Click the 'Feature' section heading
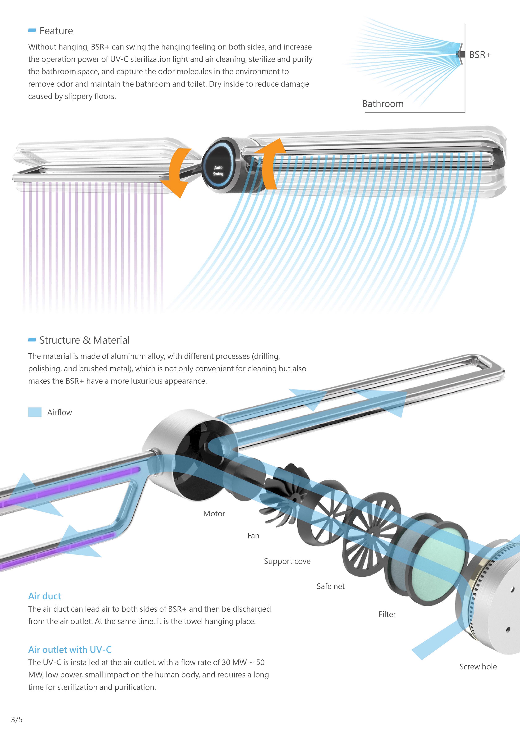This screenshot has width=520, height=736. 56,31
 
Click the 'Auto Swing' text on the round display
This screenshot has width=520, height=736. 218,171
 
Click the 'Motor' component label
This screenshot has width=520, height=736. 214,514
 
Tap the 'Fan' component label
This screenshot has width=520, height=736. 253,536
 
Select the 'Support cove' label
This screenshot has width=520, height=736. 287,561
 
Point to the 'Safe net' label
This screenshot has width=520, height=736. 330,586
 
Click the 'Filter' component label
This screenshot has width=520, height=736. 387,614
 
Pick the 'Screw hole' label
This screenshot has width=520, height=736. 478,667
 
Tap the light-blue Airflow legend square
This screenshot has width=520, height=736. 35,412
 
